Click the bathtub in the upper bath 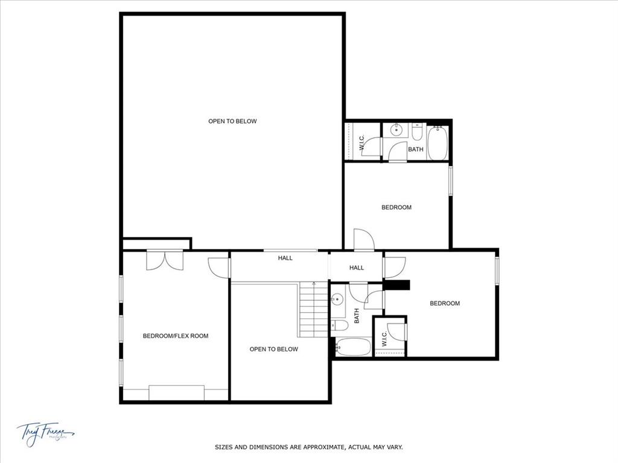tap(437, 143)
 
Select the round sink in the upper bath tap(397, 130)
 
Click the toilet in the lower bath tap(339, 326)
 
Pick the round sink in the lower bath tap(338, 299)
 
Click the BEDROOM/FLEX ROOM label tap(175, 336)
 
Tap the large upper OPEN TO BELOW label tap(232, 121)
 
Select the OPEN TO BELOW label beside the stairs tap(273, 349)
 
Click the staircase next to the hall tap(313, 310)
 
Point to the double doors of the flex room tap(164, 260)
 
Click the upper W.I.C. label tap(362, 143)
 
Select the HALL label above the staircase tap(285, 258)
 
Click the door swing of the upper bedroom tap(363, 239)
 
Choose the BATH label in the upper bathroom tap(416, 150)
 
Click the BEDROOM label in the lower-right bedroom tap(445, 303)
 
